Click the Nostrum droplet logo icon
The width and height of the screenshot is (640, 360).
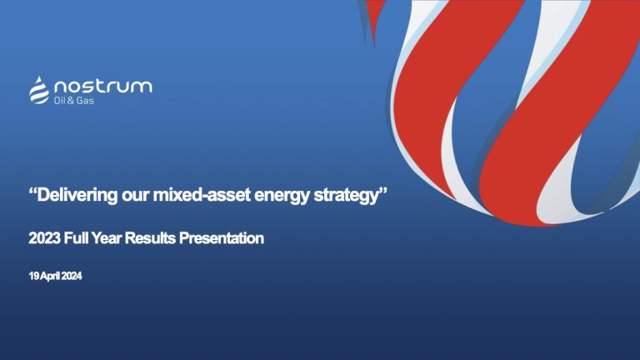click(x=39, y=89)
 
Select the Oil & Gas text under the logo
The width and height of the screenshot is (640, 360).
click(x=73, y=101)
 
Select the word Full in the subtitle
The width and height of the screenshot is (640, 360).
click(x=77, y=239)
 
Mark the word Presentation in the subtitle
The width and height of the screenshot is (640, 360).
click(x=222, y=239)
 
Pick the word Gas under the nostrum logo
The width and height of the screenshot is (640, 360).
click(x=85, y=101)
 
